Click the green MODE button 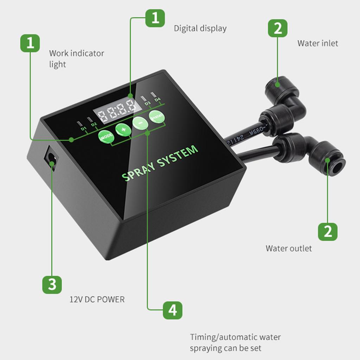pos(105,136)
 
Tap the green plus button pos(123,129)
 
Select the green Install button pos(156,117)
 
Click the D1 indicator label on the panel pos(83,129)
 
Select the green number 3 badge pos(52,284)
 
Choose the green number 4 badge pos(172,310)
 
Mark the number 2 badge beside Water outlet pos(328,231)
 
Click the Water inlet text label pos(317,43)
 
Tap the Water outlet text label pos(289,248)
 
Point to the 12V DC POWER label pos(97,300)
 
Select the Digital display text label pos(200,28)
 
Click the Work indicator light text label pos(76,59)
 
